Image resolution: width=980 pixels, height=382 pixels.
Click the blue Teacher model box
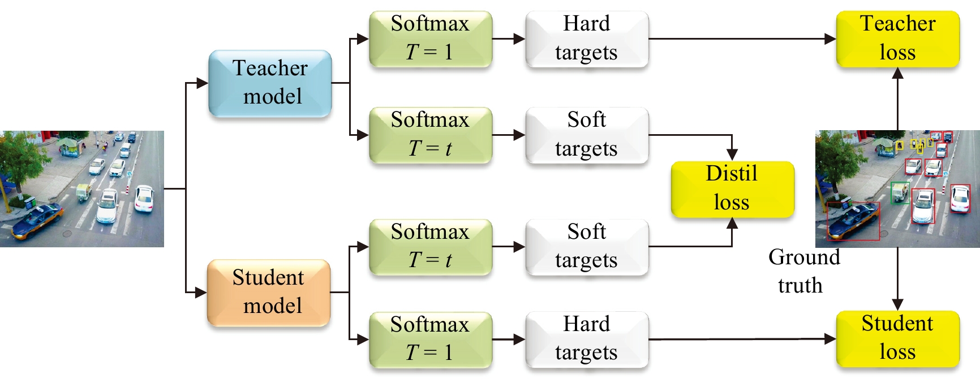270,83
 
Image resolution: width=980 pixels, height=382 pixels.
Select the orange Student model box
269,293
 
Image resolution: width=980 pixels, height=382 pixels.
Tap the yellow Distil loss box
732,189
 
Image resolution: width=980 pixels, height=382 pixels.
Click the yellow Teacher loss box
897,39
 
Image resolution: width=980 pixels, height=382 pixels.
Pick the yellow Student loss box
897,338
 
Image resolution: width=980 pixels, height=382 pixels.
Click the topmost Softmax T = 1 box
431,39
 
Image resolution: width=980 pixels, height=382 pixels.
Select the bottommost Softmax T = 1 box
431,339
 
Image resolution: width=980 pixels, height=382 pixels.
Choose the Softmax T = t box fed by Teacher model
431,135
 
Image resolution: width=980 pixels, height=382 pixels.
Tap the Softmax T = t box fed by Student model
431,247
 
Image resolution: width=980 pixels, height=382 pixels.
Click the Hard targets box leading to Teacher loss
587,39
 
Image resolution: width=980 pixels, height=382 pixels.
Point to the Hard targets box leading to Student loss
587,339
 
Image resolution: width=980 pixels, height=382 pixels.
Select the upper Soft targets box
587,135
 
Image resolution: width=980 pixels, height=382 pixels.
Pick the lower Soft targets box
587,247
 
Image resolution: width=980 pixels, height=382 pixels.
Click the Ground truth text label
803,271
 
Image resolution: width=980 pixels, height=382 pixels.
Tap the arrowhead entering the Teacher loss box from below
898,73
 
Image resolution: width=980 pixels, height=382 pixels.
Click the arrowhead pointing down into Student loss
898,305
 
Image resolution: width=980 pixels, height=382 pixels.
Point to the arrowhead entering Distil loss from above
732,155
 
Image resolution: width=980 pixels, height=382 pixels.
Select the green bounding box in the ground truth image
900,193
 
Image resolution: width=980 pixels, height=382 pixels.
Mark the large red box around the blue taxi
853,221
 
